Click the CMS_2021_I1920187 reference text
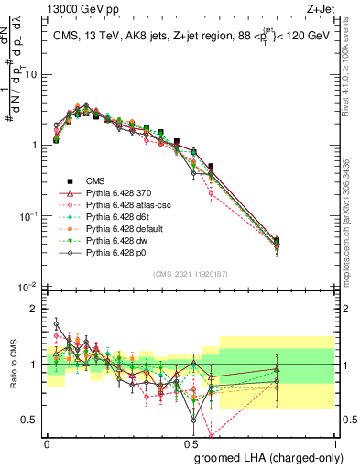point(191,272)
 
